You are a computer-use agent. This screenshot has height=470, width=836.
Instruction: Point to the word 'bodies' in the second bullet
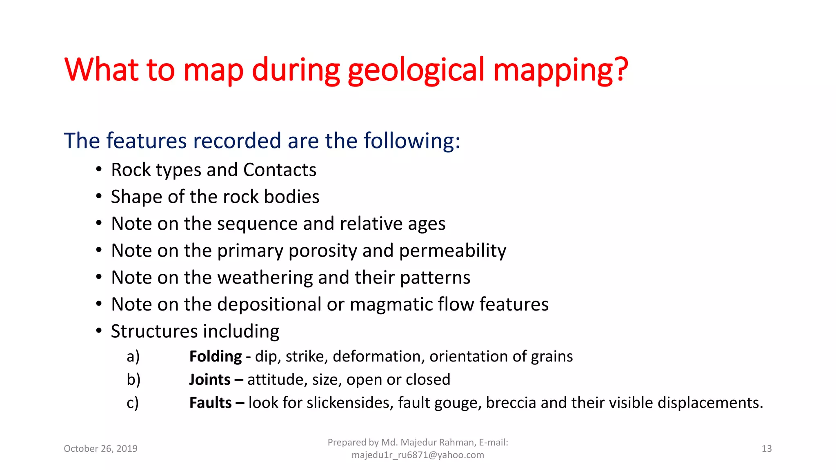tap(291, 197)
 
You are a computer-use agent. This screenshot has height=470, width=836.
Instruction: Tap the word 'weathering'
tap(265, 278)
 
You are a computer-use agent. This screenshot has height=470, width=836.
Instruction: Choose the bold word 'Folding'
tap(216, 357)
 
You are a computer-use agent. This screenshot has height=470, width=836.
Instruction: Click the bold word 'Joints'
tap(210, 380)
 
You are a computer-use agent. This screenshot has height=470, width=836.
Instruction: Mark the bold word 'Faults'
tap(210, 403)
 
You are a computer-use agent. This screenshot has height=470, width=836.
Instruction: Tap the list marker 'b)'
tap(133, 380)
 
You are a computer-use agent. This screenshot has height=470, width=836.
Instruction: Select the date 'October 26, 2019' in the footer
tap(100, 449)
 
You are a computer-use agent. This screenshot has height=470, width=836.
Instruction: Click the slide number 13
tap(767, 449)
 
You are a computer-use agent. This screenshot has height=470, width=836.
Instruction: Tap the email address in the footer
tap(418, 455)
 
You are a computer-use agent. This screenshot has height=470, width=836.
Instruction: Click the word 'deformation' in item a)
tap(378, 357)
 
